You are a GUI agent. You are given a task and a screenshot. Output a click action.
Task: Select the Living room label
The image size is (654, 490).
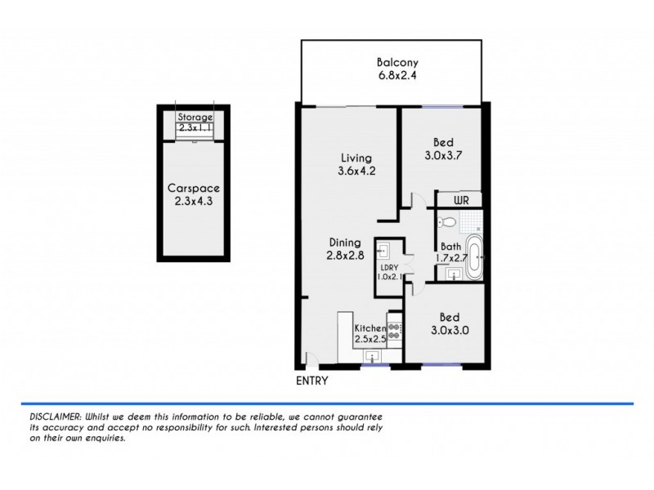tap(356, 158)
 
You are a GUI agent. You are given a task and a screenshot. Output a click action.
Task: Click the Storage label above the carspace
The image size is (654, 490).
tap(195, 117)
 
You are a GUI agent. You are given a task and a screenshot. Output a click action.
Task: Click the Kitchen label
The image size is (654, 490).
tap(370, 327)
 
